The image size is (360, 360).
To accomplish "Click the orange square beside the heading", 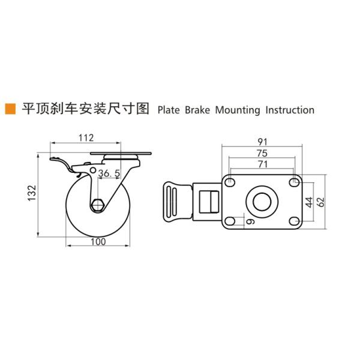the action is [10, 109].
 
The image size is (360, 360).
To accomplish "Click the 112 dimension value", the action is [85, 137].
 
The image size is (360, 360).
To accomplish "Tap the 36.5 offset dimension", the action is [110, 173].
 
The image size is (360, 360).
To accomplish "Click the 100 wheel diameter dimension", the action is [98, 241].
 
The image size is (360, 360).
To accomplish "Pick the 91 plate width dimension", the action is [262, 142].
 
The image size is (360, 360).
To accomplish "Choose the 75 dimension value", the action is [262, 152].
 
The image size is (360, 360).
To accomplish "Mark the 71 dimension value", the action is [262, 163].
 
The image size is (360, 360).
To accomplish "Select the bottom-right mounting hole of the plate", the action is [293, 221].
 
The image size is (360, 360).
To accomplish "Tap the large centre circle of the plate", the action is [262, 202].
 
